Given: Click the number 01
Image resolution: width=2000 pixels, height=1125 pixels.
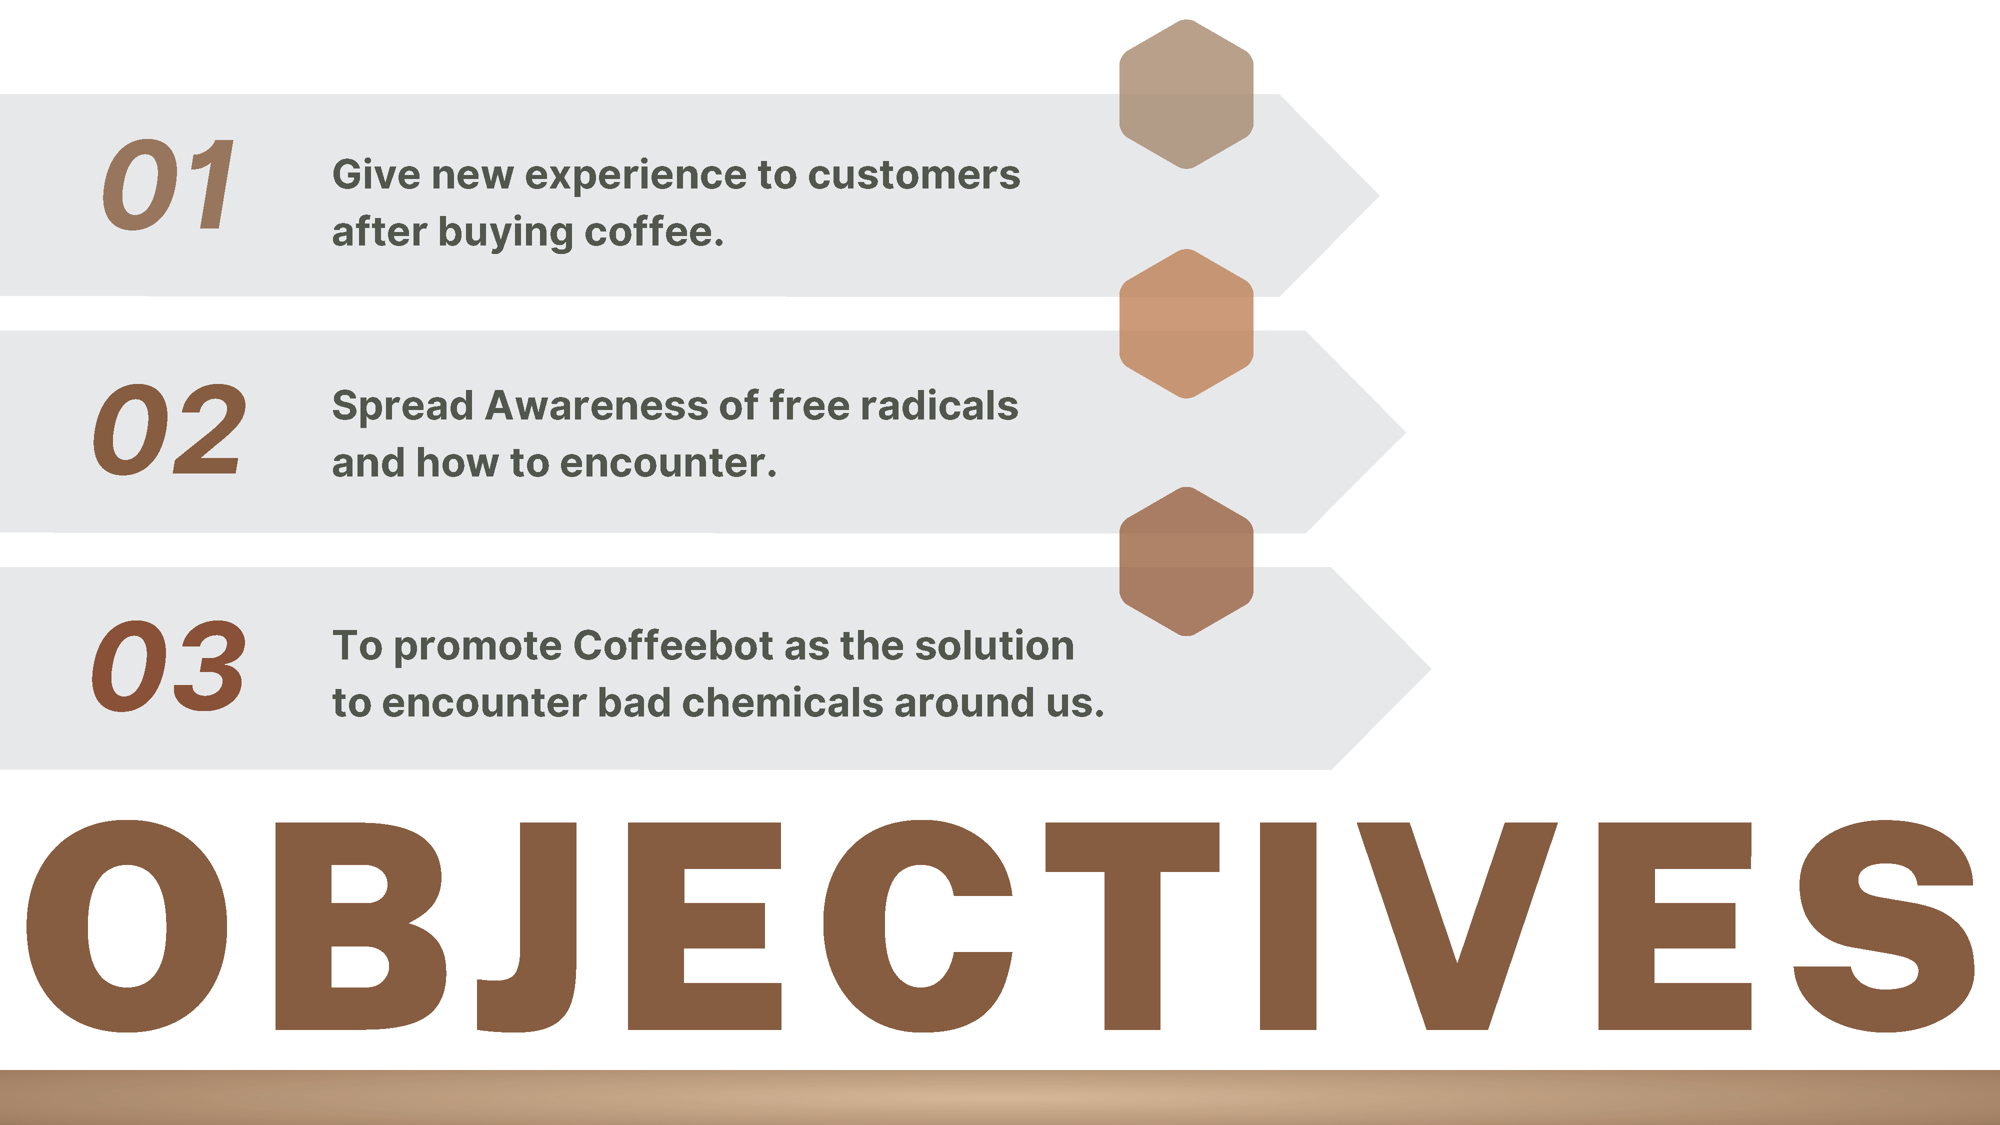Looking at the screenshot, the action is [x=168, y=185].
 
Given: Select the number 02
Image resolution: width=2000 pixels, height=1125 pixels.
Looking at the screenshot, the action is [x=170, y=429].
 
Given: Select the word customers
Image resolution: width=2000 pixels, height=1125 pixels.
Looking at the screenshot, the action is [x=914, y=175].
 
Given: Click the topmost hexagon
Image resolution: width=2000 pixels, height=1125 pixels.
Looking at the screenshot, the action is [x=1186, y=94].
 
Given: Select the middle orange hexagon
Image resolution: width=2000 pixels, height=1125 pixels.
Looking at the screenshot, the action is [x=1186, y=324].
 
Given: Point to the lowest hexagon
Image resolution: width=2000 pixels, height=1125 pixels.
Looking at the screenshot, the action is [x=1186, y=561].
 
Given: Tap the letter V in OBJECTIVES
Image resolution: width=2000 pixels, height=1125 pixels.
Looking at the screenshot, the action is [x=1457, y=925].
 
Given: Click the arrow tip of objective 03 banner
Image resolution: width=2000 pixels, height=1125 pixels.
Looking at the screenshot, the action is [x=1431, y=667].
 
